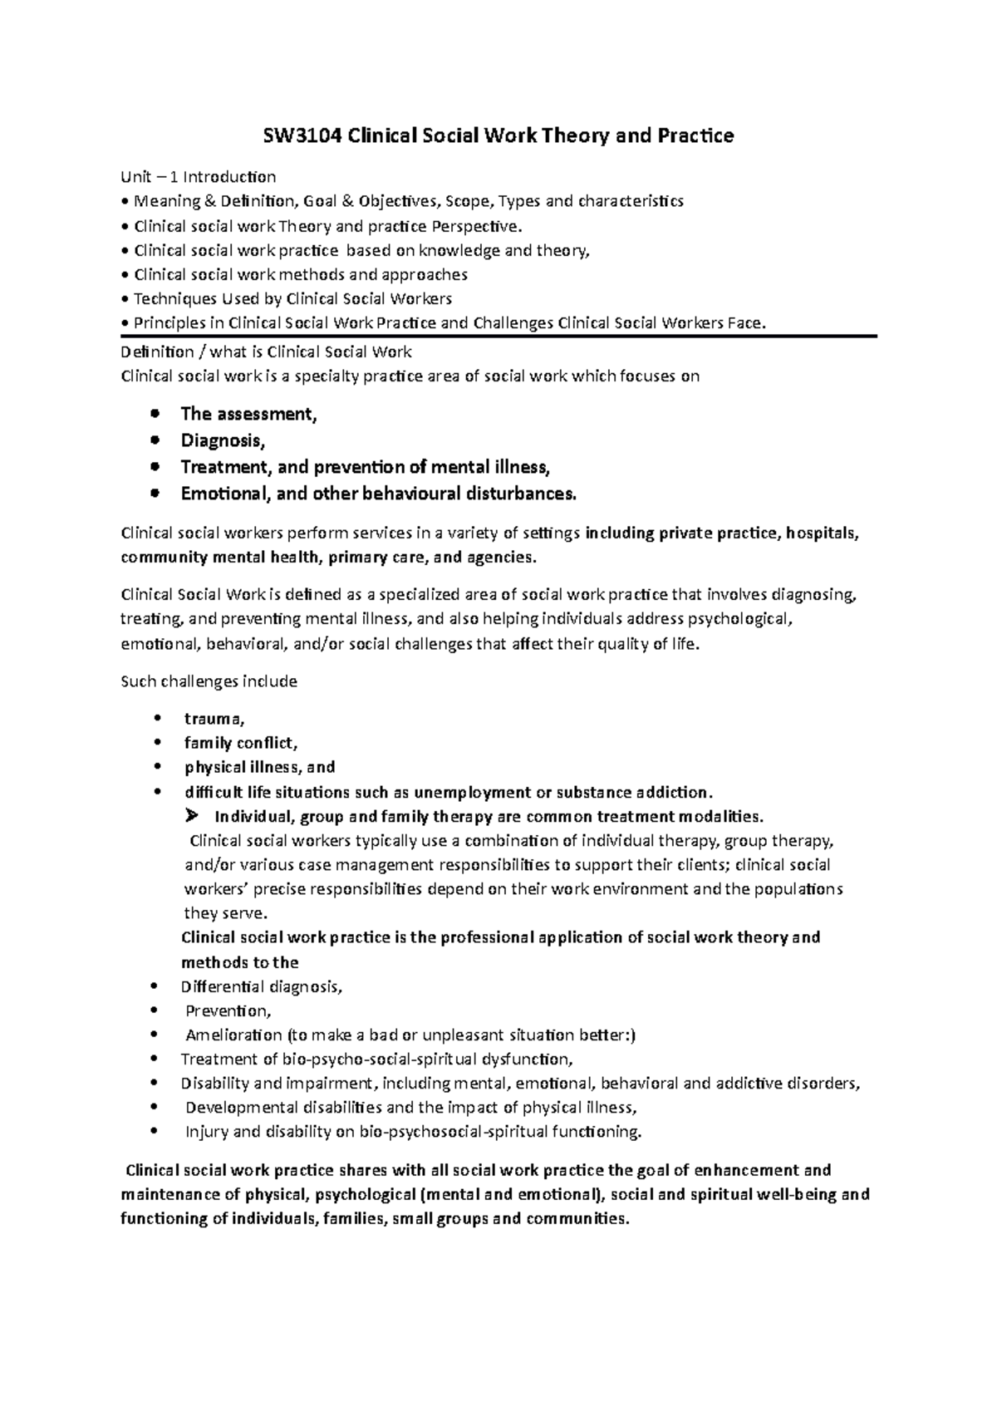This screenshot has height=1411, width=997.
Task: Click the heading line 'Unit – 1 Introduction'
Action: coord(199,177)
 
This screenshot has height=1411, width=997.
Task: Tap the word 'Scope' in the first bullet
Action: coord(469,201)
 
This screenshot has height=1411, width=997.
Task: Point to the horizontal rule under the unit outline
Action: coord(498,336)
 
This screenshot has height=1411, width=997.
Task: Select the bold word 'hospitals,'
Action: coord(823,533)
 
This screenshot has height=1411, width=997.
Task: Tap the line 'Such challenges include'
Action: coord(209,681)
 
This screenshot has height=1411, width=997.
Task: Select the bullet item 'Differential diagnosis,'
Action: coord(261,987)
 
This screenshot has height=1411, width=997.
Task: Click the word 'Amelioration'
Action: coord(233,1035)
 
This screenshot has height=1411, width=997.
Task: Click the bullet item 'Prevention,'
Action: coord(228,1011)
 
